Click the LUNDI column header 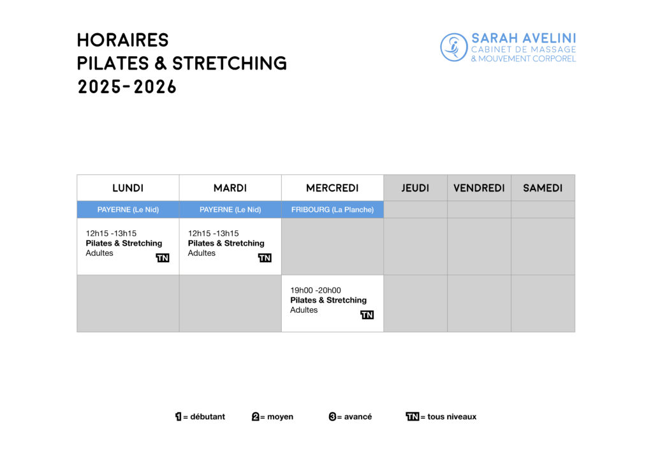(128, 188)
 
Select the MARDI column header (230, 188)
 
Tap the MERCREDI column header (332, 188)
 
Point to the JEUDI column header (415, 188)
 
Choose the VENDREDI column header (479, 188)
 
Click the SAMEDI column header (543, 188)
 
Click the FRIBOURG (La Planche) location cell (332, 209)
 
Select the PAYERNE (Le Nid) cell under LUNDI (128, 209)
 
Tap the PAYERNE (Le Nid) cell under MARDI (230, 209)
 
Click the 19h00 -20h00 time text (316, 290)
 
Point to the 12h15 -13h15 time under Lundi (111, 234)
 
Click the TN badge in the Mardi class (265, 258)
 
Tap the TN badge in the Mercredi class (367, 315)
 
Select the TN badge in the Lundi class (163, 258)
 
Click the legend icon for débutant (179, 417)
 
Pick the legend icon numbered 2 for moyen (255, 417)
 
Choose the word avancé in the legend (358, 417)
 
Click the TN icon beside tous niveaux (413, 417)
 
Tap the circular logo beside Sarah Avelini (453, 47)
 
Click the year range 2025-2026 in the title (127, 87)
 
